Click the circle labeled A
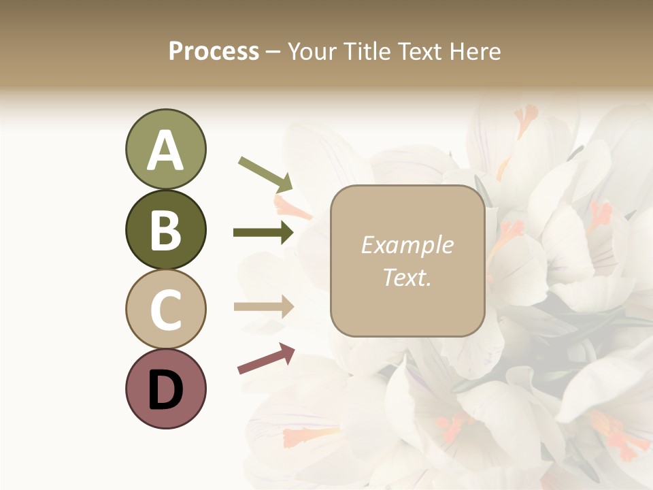tap(165, 149)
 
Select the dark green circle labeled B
tap(165, 229)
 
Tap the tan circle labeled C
tap(165, 309)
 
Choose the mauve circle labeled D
tap(165, 389)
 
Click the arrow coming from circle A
tap(265, 174)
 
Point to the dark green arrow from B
tap(263, 233)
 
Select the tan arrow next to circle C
tap(263, 307)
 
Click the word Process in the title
tap(214, 51)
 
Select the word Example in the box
tap(407, 245)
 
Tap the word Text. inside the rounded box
tap(407, 277)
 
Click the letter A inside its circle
tap(165, 150)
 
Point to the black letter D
tap(165, 390)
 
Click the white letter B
tap(165, 230)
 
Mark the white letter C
tap(165, 310)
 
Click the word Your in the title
tap(314, 51)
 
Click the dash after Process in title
tap(273, 52)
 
